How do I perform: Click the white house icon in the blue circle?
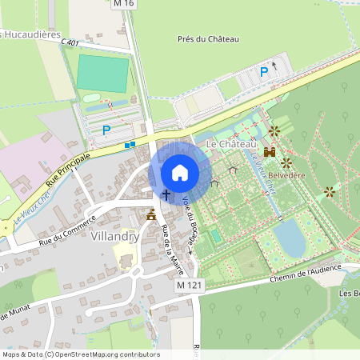coord(180,173)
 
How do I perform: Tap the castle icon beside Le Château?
coord(270,151)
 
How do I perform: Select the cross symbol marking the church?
coord(166,194)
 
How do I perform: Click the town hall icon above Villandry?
coord(150,214)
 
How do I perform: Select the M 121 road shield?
coord(189,286)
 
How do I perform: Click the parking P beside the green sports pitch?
coord(106,130)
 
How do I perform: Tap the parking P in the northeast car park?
coord(263,72)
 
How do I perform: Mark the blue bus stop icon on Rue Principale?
coord(130,145)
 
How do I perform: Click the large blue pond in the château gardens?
coord(289,238)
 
